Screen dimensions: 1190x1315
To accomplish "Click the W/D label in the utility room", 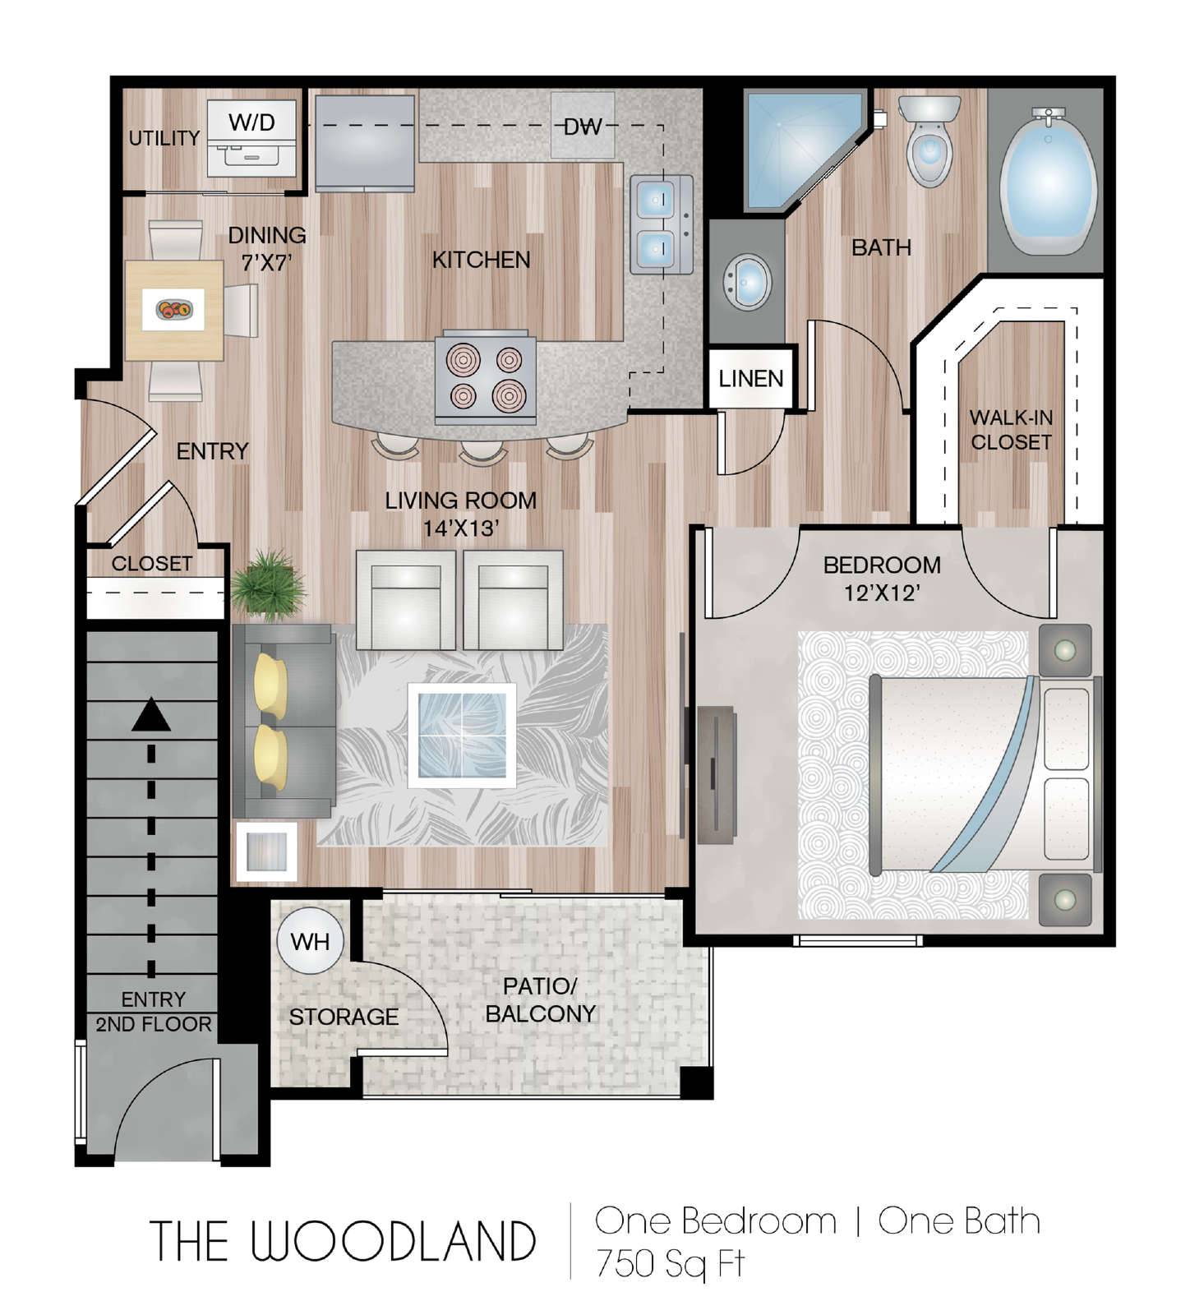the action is [x=251, y=122].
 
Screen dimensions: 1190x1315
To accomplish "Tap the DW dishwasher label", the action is [x=583, y=127].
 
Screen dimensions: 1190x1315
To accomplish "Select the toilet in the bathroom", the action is [x=929, y=141].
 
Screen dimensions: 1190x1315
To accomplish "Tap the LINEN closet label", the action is [x=751, y=379].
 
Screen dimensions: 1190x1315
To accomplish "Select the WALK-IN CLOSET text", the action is [x=1011, y=430].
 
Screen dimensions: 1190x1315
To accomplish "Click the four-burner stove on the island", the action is [x=486, y=377].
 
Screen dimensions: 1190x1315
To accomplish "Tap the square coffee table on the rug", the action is [x=462, y=735].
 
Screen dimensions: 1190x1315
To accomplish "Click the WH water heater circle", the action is [x=310, y=941].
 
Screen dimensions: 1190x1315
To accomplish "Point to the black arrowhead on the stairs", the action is [x=151, y=714].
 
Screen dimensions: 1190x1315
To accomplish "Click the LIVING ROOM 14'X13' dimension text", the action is [x=461, y=514].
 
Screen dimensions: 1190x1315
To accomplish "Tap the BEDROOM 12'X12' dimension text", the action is [x=882, y=578].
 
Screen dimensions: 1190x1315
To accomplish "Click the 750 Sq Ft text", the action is [x=670, y=1263].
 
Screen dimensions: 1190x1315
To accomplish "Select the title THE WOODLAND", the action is [x=343, y=1241].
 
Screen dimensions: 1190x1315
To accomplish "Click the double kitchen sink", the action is [x=661, y=224].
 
